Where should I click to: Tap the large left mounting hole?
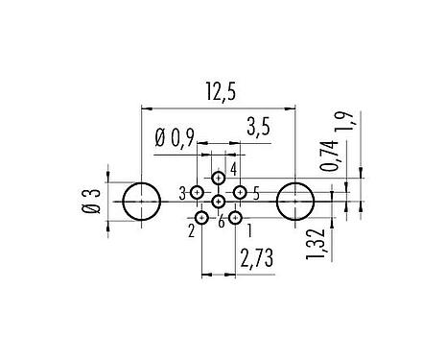click(x=142, y=202)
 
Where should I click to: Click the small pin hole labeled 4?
click(x=219, y=178)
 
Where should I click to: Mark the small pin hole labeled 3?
click(x=197, y=193)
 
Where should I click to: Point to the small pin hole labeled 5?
click(x=240, y=193)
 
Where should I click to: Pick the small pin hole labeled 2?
click(x=201, y=219)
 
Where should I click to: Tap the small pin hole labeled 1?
click(x=236, y=219)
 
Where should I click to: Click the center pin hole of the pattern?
click(x=219, y=202)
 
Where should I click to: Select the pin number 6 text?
click(x=221, y=223)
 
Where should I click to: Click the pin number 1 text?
click(x=250, y=229)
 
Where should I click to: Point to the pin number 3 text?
click(x=182, y=194)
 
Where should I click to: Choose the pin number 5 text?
click(x=256, y=194)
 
